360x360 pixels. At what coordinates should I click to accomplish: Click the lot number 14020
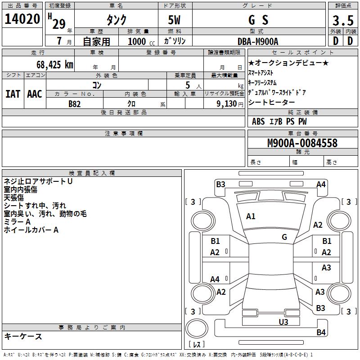pyautogui.click(x=22, y=19)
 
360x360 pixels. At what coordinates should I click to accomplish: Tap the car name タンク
pyautogui.click(x=116, y=20)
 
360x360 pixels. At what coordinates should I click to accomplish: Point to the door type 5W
pyautogui.click(x=175, y=20)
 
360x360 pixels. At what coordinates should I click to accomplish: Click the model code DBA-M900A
pyautogui.click(x=258, y=41)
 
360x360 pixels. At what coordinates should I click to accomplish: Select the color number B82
pyautogui.click(x=75, y=103)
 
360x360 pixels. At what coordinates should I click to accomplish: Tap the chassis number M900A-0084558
pyautogui.click(x=302, y=143)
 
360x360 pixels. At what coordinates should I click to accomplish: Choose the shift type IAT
pyautogui.click(x=13, y=94)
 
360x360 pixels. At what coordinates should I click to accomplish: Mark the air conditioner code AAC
pyautogui.click(x=35, y=94)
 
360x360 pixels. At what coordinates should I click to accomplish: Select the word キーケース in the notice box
pyautogui.click(x=23, y=337)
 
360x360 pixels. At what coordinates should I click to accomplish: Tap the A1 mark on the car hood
pyautogui.click(x=251, y=216)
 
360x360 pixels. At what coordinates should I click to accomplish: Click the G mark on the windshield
pyautogui.click(x=284, y=237)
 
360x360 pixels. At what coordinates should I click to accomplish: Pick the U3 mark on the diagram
pyautogui.click(x=283, y=322)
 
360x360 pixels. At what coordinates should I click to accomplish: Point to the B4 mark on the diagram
pyautogui.click(x=321, y=333)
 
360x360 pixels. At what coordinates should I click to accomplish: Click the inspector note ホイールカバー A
pyautogui.click(x=31, y=230)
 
